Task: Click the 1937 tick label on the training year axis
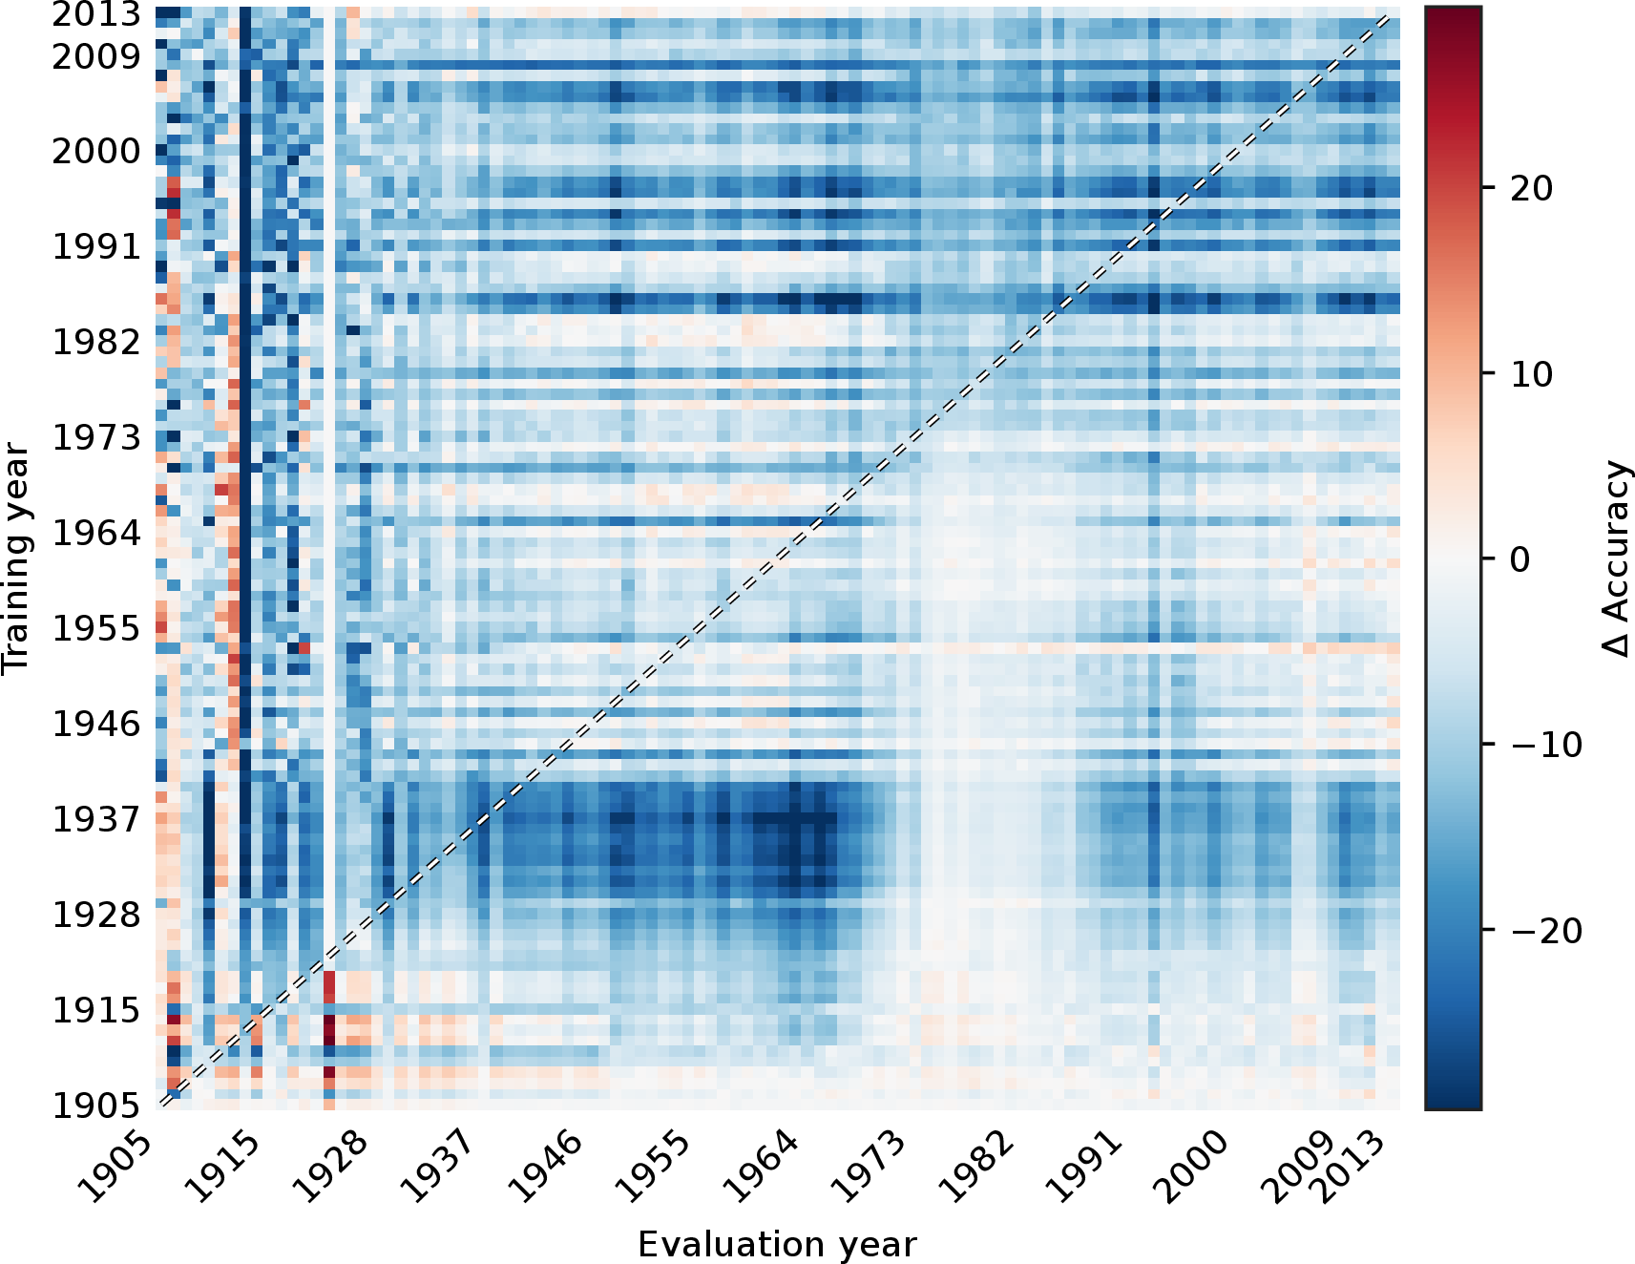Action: pos(95,819)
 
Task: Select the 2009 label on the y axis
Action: pos(95,57)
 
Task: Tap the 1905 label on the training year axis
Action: pos(95,1106)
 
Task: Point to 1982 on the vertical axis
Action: pos(95,342)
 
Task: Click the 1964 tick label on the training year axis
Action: pos(95,533)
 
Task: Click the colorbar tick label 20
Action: pos(1532,188)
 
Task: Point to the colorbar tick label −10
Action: pos(1546,745)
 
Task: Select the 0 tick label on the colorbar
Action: pos(1520,559)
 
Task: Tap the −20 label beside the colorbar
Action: pos(1546,930)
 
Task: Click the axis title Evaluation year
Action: pos(777,1245)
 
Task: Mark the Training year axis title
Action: pos(16,558)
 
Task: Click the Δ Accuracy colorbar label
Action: pos(1615,558)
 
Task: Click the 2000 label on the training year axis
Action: pos(95,151)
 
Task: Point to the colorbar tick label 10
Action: pos(1532,374)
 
